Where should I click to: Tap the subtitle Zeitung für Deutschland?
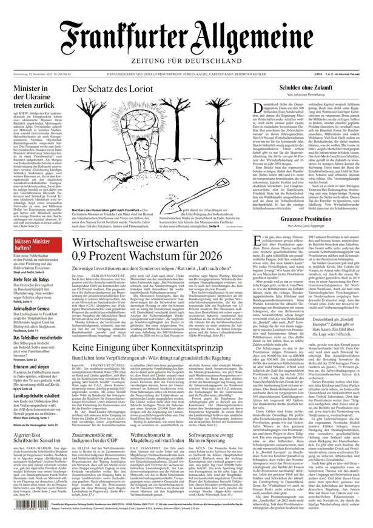186,61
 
